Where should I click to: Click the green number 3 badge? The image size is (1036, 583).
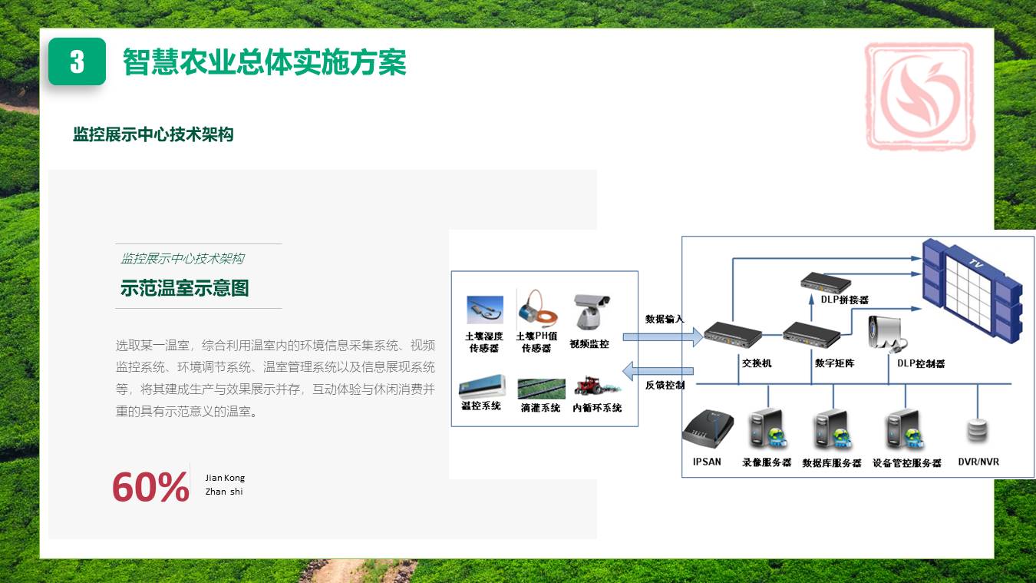[x=77, y=61]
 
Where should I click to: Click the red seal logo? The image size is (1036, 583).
[x=920, y=95]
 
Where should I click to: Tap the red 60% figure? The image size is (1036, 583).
[x=150, y=487]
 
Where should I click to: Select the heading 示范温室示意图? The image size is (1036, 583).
[x=184, y=289]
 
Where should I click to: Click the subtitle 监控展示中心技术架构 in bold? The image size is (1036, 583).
[x=153, y=135]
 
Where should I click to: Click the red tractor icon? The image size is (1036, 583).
[x=591, y=386]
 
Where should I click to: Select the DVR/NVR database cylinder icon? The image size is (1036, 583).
[x=978, y=431]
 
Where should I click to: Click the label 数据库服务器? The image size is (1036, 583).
[x=832, y=463]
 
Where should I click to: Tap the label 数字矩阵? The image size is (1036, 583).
[x=833, y=363]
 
